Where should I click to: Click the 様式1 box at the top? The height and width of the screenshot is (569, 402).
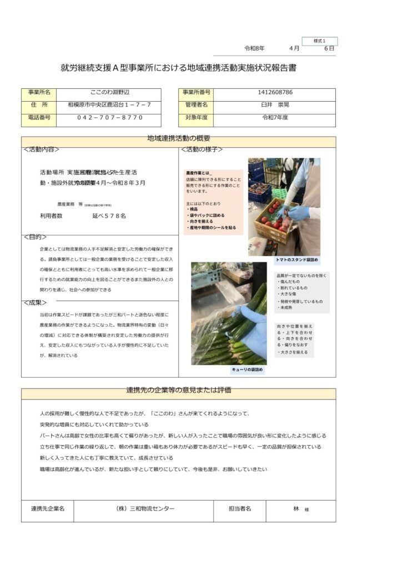[319, 41]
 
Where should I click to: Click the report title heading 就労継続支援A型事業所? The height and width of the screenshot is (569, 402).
[178, 68]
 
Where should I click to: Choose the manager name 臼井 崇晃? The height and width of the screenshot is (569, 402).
[275, 104]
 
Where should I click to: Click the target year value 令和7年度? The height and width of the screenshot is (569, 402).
[275, 118]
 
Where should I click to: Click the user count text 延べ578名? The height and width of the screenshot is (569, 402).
[109, 215]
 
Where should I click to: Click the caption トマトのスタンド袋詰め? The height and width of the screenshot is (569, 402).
[297, 260]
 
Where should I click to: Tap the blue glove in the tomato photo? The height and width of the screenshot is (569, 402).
[299, 212]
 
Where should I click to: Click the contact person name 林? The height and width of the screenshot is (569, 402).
[297, 508]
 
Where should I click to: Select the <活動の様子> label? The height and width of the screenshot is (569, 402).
[202, 149]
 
